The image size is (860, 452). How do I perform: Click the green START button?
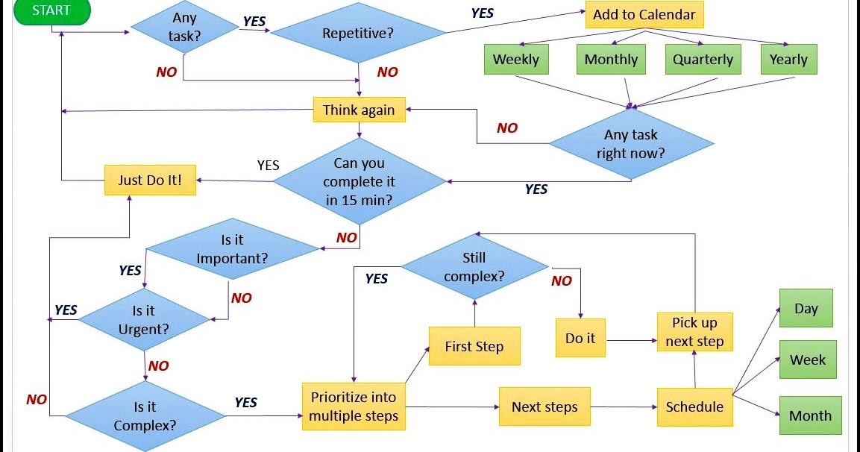(51, 11)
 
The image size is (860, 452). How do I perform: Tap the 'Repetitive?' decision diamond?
(358, 34)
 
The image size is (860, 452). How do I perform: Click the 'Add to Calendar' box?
(644, 15)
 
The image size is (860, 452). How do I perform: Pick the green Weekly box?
(515, 60)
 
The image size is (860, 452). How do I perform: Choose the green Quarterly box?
(703, 60)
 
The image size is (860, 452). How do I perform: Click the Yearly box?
(788, 60)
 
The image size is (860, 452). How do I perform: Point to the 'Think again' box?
(359, 110)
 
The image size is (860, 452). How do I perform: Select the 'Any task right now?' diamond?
(631, 144)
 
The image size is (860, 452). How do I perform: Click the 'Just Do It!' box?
(150, 180)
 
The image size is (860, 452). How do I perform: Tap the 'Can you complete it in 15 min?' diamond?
(360, 181)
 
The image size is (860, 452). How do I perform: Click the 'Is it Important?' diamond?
(232, 250)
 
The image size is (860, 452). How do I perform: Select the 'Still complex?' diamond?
(474, 267)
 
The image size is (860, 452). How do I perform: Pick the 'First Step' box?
(474, 347)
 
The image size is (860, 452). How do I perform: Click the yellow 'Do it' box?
(580, 339)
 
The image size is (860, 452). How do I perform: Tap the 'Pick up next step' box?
(694, 332)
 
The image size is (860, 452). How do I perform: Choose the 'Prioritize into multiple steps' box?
(354, 407)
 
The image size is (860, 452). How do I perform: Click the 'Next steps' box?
(544, 407)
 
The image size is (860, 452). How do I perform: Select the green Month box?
(810, 416)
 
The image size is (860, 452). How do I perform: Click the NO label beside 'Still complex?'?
(562, 281)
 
